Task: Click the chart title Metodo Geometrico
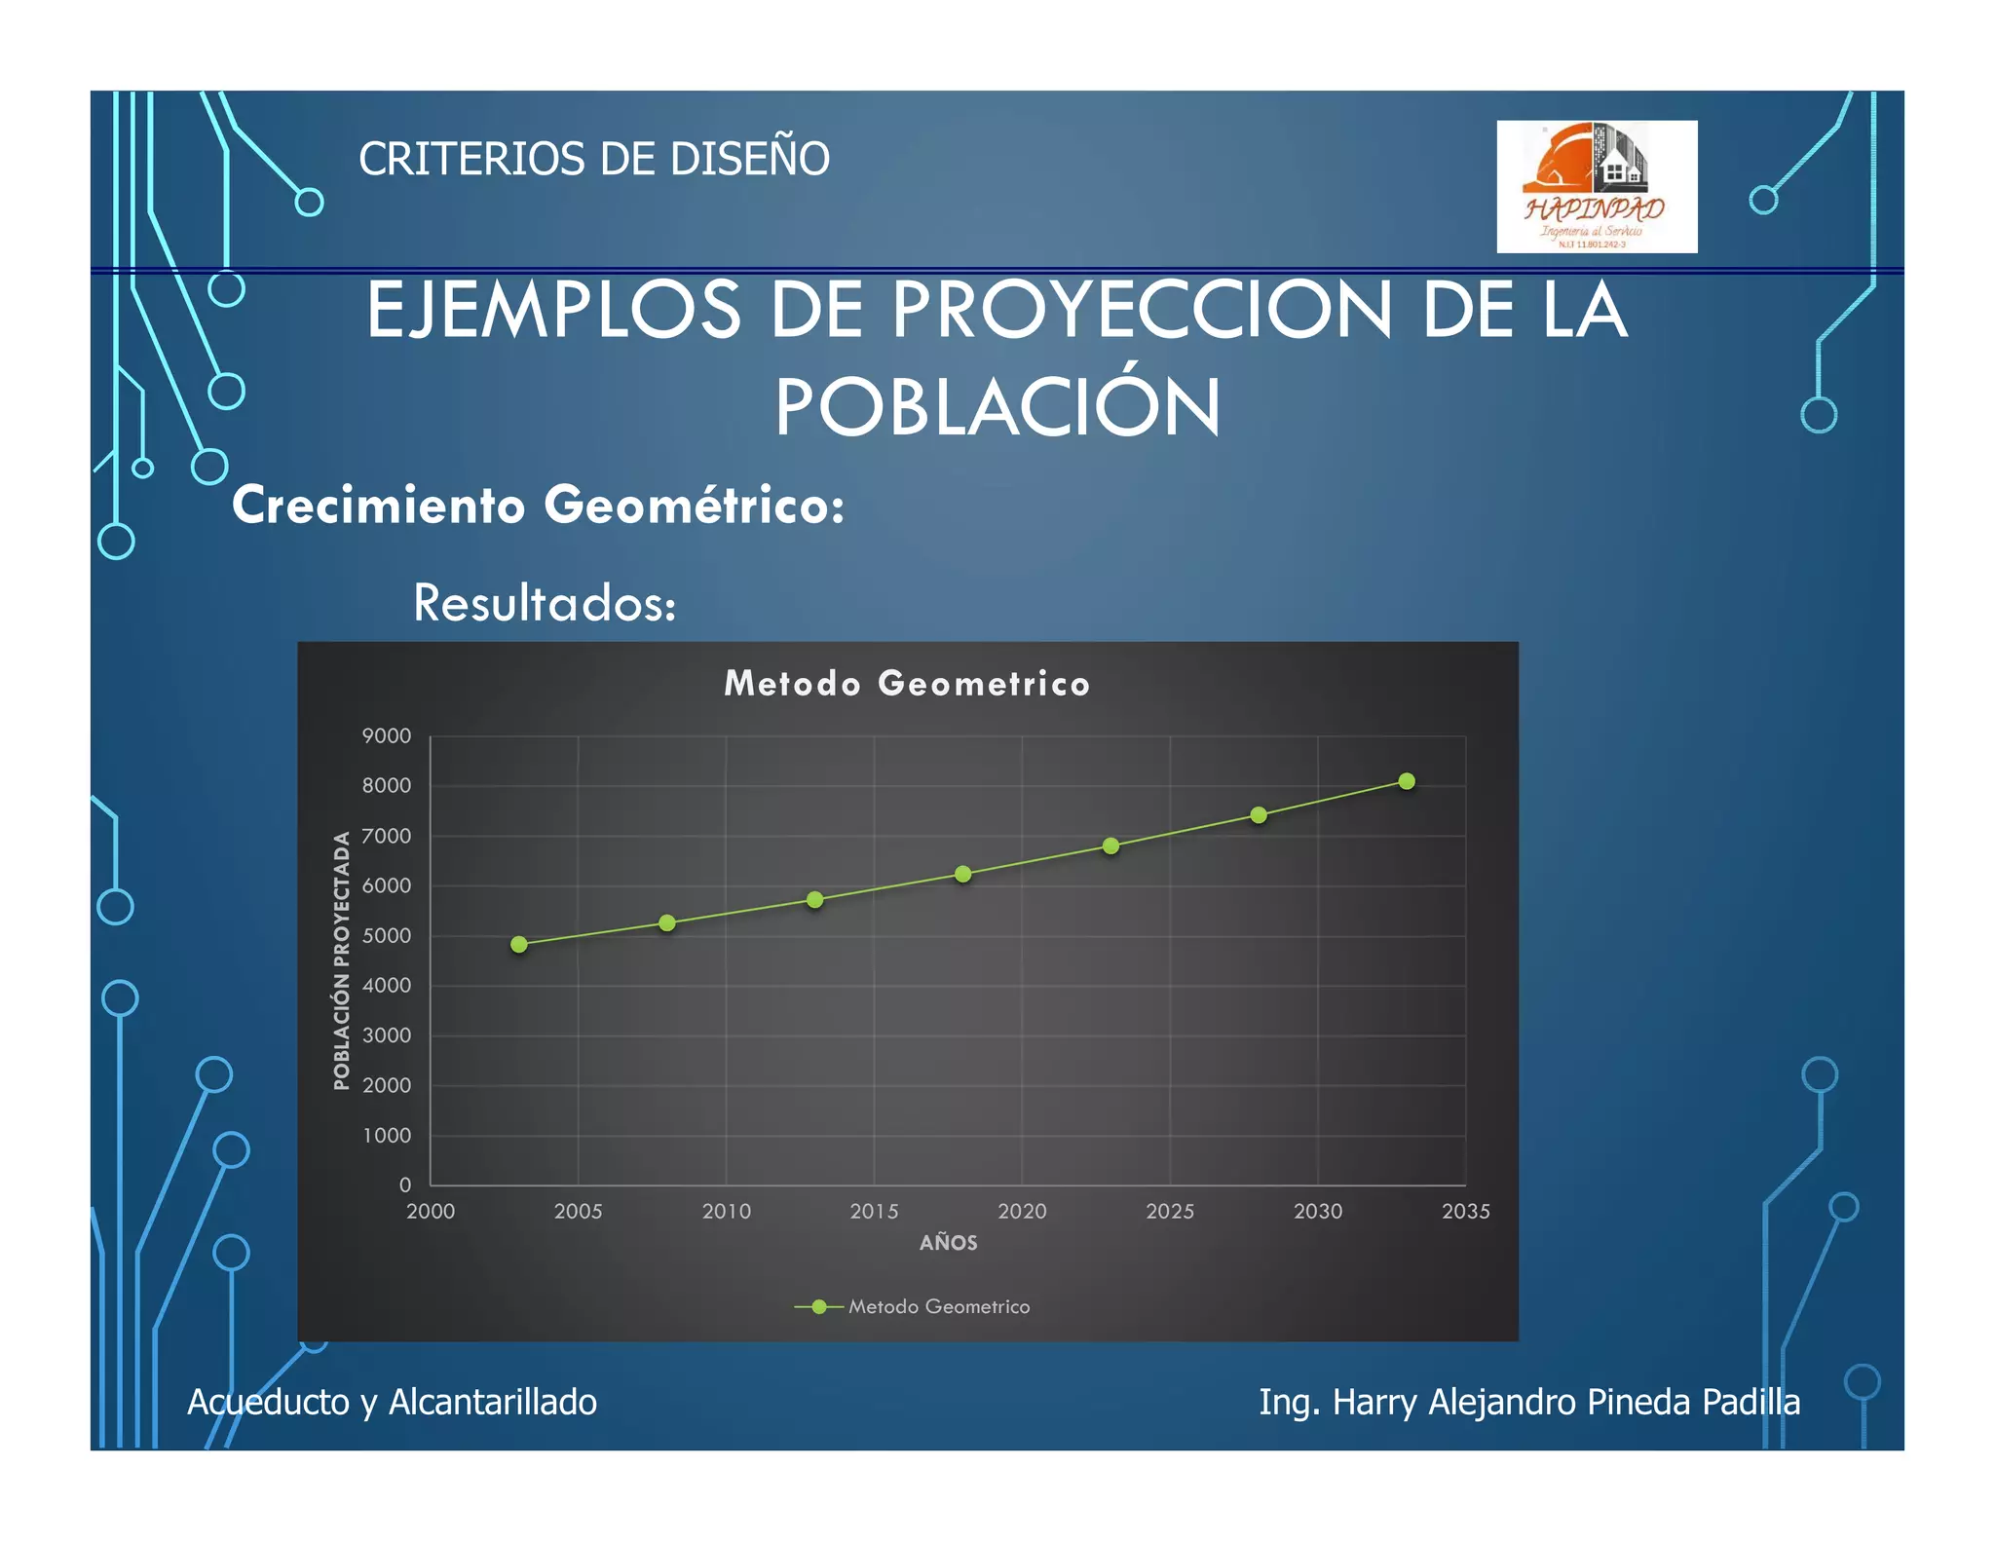point(907,684)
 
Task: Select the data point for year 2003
point(519,944)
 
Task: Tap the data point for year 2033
point(1407,781)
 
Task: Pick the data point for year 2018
point(963,874)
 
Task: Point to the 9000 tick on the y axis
point(387,736)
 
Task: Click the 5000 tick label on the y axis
point(387,936)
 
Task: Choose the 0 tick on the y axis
point(405,1185)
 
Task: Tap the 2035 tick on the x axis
point(1465,1212)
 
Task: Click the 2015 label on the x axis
point(874,1212)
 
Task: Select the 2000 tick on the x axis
point(431,1212)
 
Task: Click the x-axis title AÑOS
point(948,1243)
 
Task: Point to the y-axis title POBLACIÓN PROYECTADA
point(341,960)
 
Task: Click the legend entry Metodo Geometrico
point(938,1307)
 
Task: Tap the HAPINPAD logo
point(1597,187)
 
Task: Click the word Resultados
point(544,603)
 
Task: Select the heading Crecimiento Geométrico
point(538,506)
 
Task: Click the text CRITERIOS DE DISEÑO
point(594,159)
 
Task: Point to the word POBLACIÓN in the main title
point(997,407)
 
